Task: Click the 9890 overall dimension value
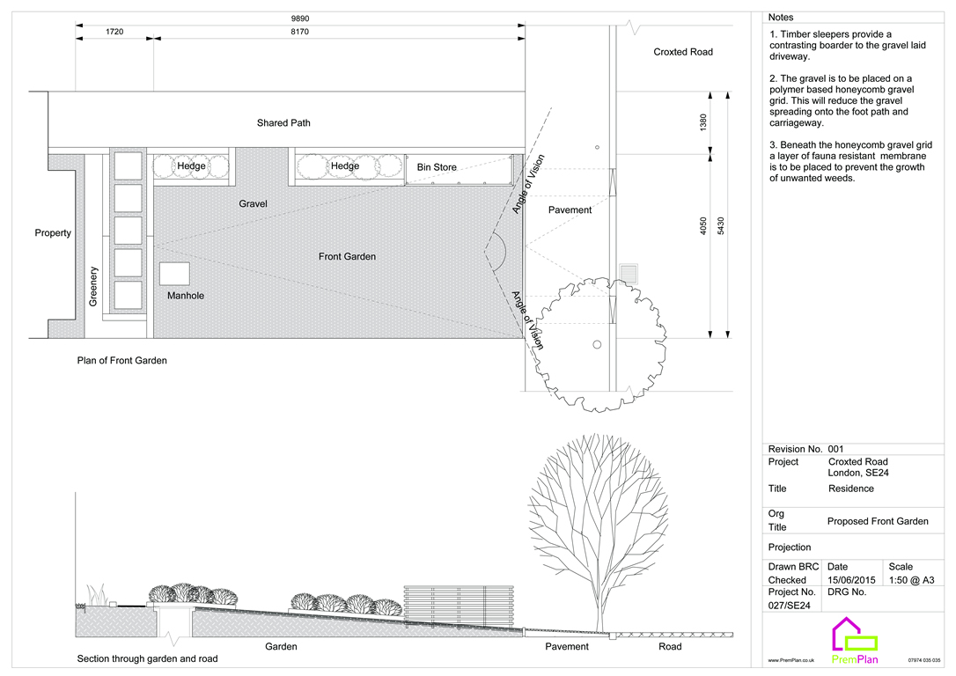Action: (x=300, y=18)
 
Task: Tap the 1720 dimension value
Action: (x=114, y=33)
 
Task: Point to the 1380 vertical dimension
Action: (x=702, y=123)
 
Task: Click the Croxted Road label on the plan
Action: (x=682, y=52)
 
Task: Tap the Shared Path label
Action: (x=283, y=123)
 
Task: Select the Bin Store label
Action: (x=437, y=167)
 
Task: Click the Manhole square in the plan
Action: (x=174, y=273)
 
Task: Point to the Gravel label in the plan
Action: (x=253, y=204)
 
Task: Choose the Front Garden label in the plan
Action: (x=347, y=257)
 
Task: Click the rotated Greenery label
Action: (x=93, y=287)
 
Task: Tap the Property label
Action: (x=53, y=233)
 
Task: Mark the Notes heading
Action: (x=780, y=18)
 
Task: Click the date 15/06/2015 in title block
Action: (x=851, y=580)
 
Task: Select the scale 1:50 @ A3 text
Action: (x=912, y=580)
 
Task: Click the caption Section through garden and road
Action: (x=147, y=658)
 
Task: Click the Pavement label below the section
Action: (x=567, y=647)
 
